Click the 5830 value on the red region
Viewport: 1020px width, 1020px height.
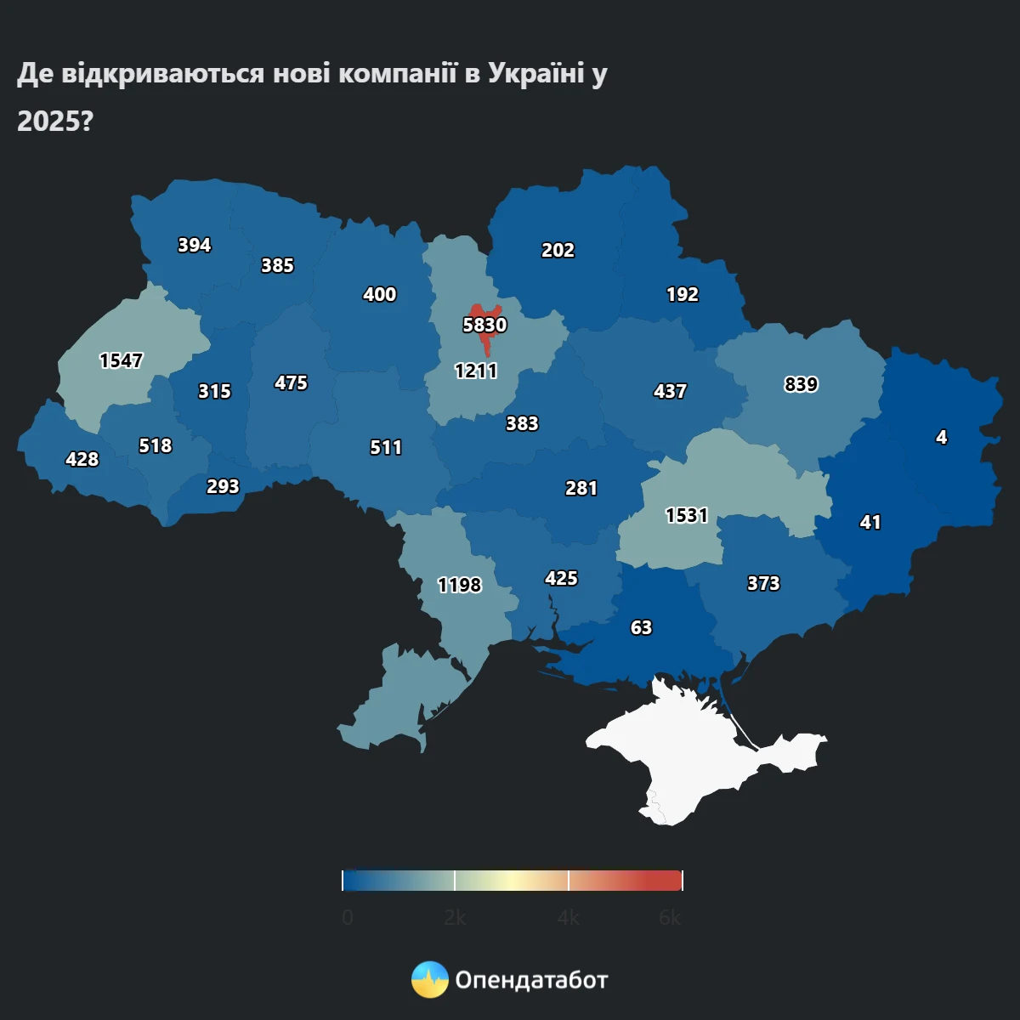click(x=484, y=325)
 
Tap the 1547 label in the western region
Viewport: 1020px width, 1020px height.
click(x=121, y=360)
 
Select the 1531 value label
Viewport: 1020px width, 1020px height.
click(x=686, y=515)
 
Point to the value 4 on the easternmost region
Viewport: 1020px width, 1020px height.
click(x=941, y=437)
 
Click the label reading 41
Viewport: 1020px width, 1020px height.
click(x=870, y=522)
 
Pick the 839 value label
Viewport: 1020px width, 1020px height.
click(x=801, y=384)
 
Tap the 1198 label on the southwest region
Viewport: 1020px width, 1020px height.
click(x=459, y=585)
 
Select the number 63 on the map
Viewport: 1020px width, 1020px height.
click(x=641, y=627)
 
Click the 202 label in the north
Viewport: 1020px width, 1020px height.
click(x=558, y=250)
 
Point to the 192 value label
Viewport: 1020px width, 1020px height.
click(x=682, y=294)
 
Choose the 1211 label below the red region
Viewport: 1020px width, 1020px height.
click(x=476, y=371)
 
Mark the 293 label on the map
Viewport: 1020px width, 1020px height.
click(x=223, y=486)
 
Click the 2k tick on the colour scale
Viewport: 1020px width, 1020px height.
click(x=455, y=918)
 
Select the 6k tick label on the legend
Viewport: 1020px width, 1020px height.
click(x=670, y=918)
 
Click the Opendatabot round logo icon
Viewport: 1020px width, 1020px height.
click(x=430, y=980)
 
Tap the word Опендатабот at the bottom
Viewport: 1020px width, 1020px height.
click(x=531, y=980)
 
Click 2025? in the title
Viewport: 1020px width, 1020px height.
click(x=54, y=122)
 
